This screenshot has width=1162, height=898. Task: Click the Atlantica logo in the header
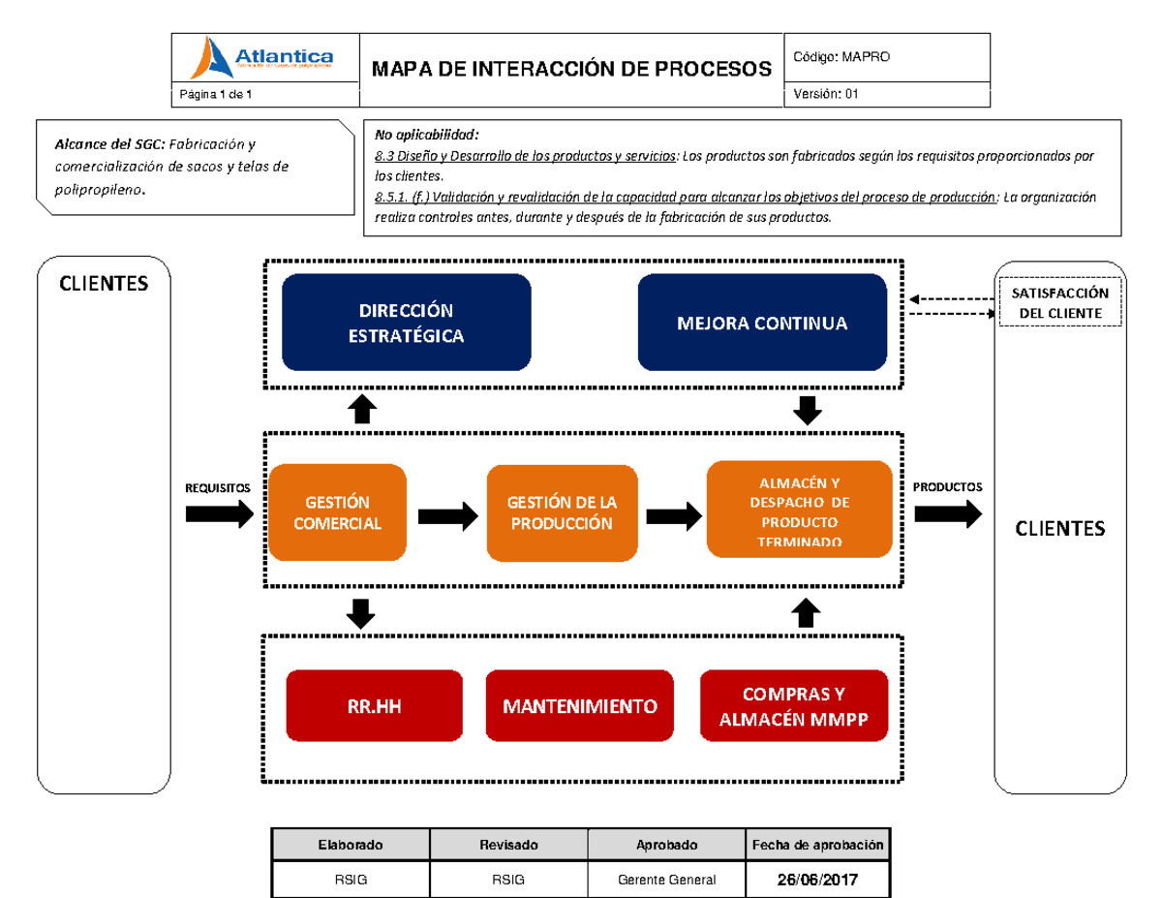(264, 58)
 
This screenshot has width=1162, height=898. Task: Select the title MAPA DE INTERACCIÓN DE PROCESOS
(571, 68)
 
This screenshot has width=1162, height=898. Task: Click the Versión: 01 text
(825, 94)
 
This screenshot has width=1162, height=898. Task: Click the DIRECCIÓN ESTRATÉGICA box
(406, 323)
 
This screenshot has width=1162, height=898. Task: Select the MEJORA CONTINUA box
(762, 323)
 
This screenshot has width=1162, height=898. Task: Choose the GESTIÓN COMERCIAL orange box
(337, 512)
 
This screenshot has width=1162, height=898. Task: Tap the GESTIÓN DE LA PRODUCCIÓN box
(562, 512)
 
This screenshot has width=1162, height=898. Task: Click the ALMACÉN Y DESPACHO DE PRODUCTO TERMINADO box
(799, 510)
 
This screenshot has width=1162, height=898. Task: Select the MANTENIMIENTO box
(579, 706)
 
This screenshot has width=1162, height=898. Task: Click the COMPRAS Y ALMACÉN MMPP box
(793, 706)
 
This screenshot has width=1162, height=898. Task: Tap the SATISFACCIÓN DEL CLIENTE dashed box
(1060, 303)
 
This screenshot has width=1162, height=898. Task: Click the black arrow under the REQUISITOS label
(219, 514)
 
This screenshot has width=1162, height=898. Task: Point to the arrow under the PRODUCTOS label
(947, 514)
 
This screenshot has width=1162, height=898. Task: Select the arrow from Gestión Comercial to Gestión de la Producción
(448, 515)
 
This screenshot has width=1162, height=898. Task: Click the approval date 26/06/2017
(816, 881)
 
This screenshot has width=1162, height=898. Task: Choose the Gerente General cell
(666, 881)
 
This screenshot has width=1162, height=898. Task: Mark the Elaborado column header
(351, 845)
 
